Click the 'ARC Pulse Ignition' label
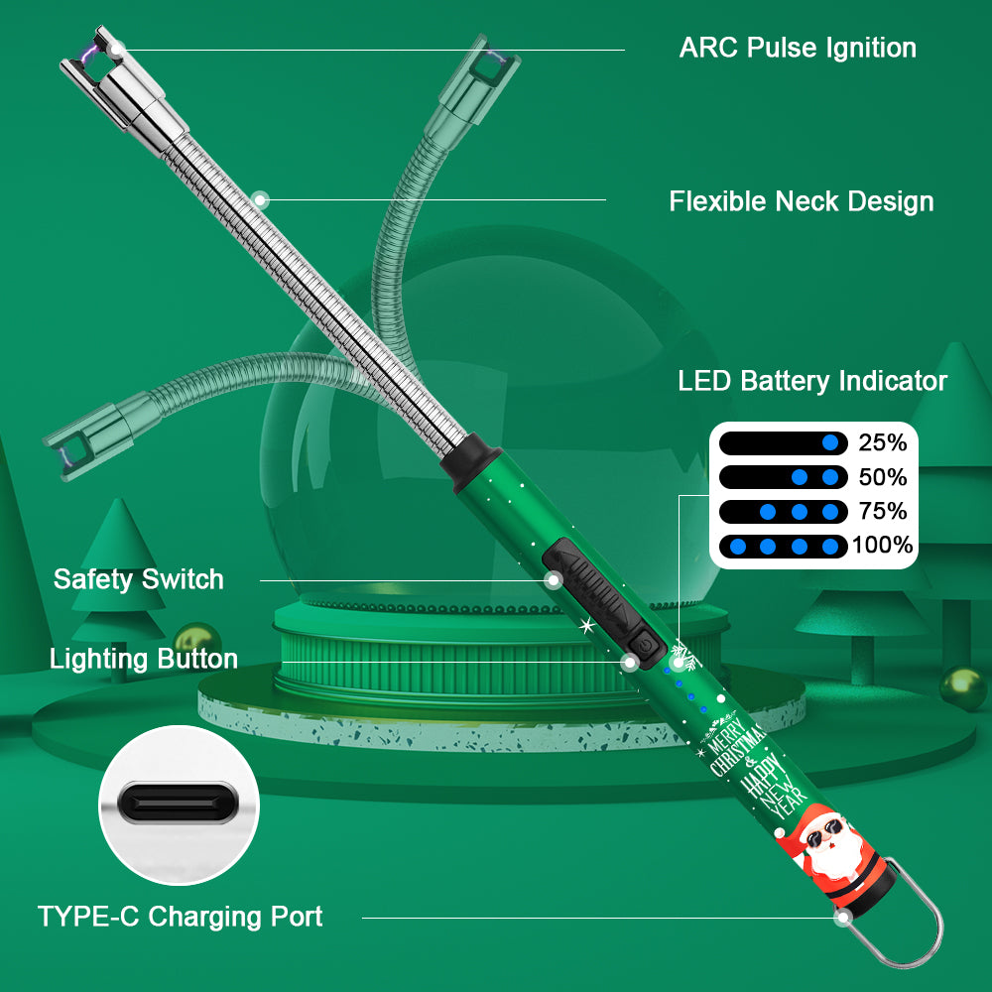point(798,48)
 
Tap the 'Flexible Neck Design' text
point(801,201)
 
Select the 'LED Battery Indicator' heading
point(811,381)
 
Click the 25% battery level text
point(883,443)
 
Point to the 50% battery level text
point(883,477)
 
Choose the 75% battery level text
point(883,511)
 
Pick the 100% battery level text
point(882,545)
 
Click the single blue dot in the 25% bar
point(830,443)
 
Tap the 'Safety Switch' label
point(139,579)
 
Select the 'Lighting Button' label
point(144,659)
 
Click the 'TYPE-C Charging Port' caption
point(180,917)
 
